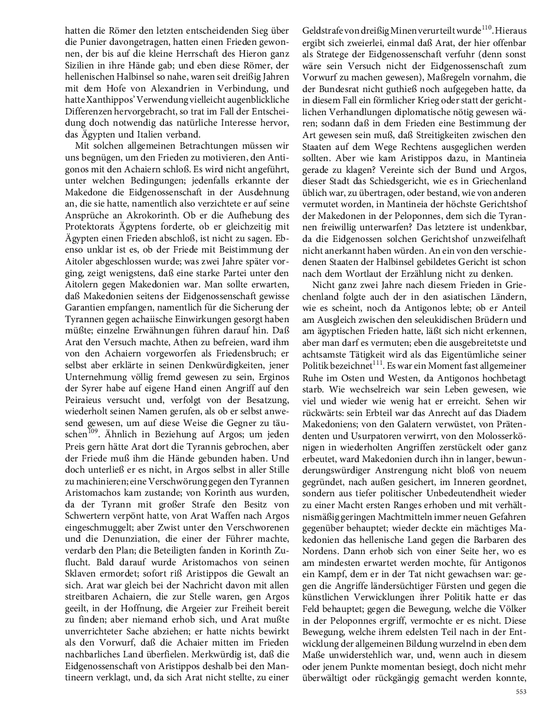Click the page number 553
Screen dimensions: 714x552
(x=521, y=691)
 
